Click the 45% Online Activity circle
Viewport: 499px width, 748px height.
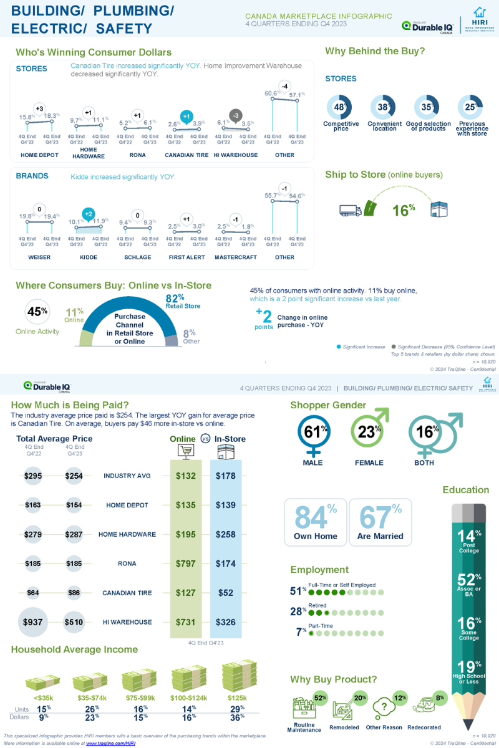click(36, 312)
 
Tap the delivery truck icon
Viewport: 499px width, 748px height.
click(351, 210)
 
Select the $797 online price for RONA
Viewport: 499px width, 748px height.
click(185, 563)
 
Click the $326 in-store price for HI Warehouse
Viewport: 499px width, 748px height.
click(225, 621)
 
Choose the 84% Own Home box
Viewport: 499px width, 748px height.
click(315, 522)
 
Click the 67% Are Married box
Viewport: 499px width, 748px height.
click(380, 522)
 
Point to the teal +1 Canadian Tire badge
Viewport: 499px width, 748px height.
click(185, 117)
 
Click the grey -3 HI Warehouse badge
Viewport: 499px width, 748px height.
click(235, 116)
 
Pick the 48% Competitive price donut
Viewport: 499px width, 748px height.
click(341, 107)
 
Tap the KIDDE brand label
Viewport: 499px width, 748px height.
click(89, 257)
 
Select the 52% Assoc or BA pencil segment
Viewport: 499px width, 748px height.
click(468, 583)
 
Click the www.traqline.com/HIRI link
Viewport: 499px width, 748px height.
click(110, 743)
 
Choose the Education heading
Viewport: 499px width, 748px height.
click(465, 489)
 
